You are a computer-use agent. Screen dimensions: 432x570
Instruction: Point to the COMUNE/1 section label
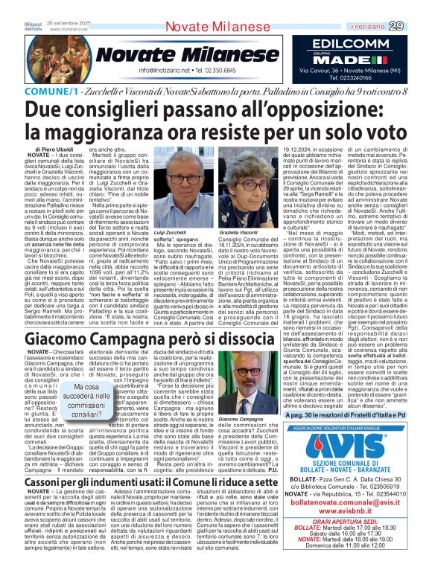pos(34,89)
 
